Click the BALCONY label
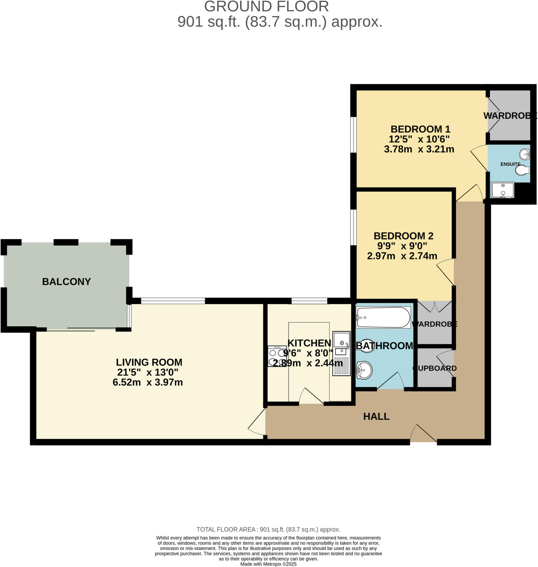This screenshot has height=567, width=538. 66,281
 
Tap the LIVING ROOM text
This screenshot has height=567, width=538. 149,362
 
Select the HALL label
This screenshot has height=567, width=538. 376,416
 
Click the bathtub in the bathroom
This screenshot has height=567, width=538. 383,317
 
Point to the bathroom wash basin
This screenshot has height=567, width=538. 364,370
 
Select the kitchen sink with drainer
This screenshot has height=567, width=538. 341,353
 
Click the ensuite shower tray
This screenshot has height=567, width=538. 503,190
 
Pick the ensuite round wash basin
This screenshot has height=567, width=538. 524,154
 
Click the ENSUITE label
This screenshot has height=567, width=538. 510,164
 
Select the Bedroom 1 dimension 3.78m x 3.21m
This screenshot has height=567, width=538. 419,149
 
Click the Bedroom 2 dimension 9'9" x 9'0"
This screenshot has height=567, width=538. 402,246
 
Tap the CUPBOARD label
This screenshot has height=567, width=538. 435,368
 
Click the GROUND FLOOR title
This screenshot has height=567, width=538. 266,6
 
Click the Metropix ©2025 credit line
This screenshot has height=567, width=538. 268,564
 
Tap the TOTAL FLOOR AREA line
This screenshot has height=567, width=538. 268,529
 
